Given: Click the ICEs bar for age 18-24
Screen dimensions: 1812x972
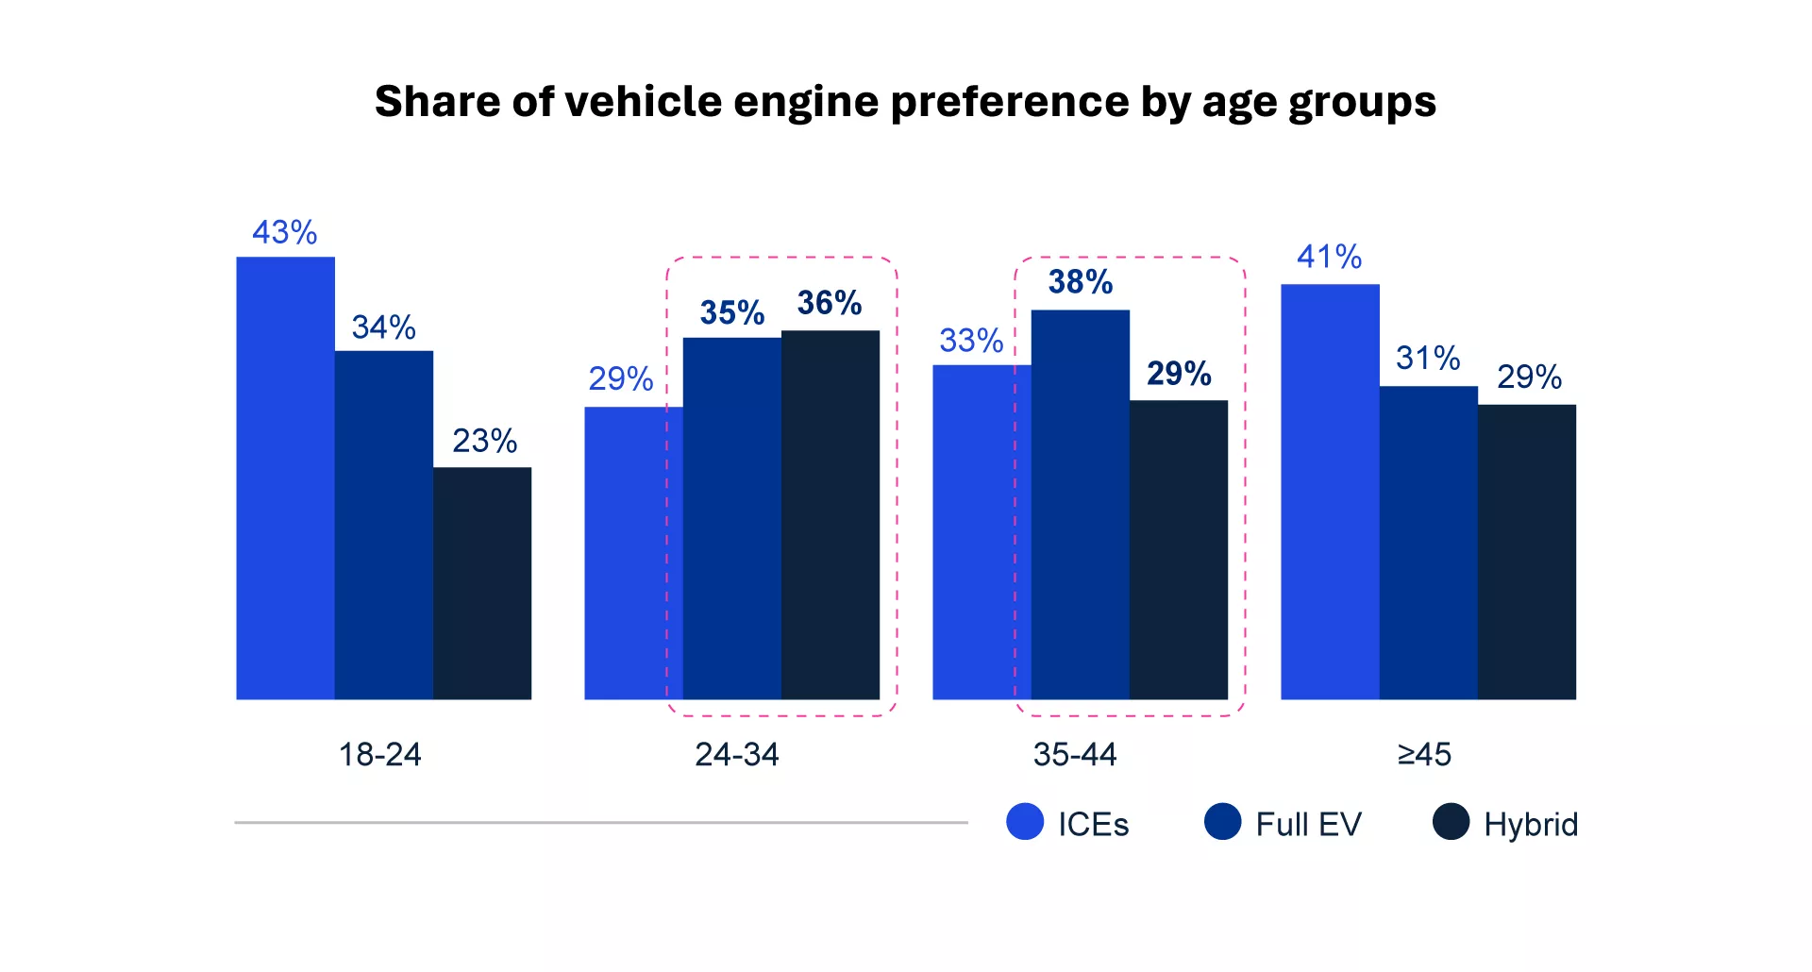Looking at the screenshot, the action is [285, 478].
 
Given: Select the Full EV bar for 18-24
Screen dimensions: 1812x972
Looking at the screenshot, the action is [384, 525].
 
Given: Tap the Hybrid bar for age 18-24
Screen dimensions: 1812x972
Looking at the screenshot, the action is [482, 583].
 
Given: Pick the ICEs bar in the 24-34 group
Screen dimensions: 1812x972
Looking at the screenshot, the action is [633, 553].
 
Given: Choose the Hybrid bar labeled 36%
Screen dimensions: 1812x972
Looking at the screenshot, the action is [830, 514].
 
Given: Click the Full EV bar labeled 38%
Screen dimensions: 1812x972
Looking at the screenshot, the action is [1081, 504].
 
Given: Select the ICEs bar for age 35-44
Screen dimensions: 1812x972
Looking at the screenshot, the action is [981, 532].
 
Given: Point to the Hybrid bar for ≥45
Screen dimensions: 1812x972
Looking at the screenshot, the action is [1527, 552].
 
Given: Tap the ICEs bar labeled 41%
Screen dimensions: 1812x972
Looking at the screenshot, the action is [1330, 492].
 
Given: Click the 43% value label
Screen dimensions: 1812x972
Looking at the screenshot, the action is [285, 232].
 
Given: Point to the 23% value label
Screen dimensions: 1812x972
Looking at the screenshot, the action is [485, 441].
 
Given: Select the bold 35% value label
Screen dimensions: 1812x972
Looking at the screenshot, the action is [732, 312].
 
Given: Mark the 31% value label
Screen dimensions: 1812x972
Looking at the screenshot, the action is [1428, 358].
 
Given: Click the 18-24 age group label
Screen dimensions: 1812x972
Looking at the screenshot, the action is [380, 754].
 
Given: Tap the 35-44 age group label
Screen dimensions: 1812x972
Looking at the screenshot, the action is [1075, 754].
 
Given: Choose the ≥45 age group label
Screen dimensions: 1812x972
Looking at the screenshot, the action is [1424, 754].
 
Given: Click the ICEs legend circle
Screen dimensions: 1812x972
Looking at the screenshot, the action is [1025, 821].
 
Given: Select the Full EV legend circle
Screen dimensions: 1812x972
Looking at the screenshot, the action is [1223, 821].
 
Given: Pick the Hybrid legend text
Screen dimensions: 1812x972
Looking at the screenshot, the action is [1531, 824].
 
